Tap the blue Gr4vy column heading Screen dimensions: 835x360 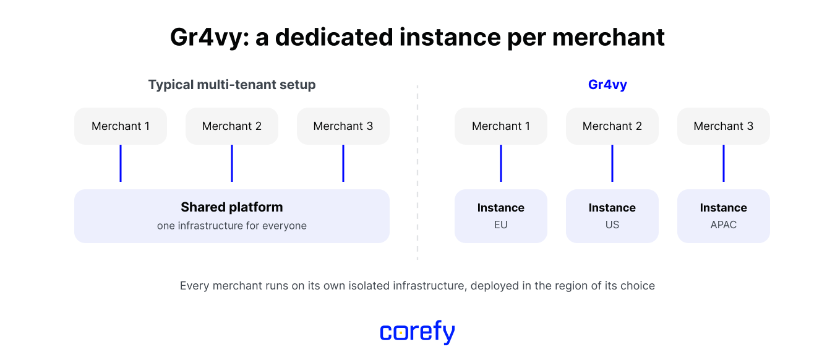pos(607,85)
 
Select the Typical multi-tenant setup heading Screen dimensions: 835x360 pos(232,85)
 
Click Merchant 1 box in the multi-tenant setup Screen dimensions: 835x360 pos(121,126)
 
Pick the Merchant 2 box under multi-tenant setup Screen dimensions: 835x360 pos(232,126)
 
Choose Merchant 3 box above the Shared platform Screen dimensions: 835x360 pos(343,126)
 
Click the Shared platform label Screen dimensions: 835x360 pos(232,207)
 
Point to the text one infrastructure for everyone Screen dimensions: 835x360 pos(232,226)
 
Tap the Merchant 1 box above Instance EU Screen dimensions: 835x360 pos(500,126)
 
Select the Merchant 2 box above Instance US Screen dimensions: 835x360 pos(612,126)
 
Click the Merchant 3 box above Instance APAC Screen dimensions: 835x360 pos(723,126)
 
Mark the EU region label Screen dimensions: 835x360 pos(500,225)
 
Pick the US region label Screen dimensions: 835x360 pos(612,225)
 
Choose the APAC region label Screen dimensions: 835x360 pos(723,225)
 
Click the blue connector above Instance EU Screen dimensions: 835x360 pos(500,163)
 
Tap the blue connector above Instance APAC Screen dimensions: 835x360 pos(724,163)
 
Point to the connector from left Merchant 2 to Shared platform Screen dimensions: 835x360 pos(232,163)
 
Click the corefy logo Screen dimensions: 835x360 pos(417,332)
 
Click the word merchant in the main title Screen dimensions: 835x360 pos(609,38)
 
